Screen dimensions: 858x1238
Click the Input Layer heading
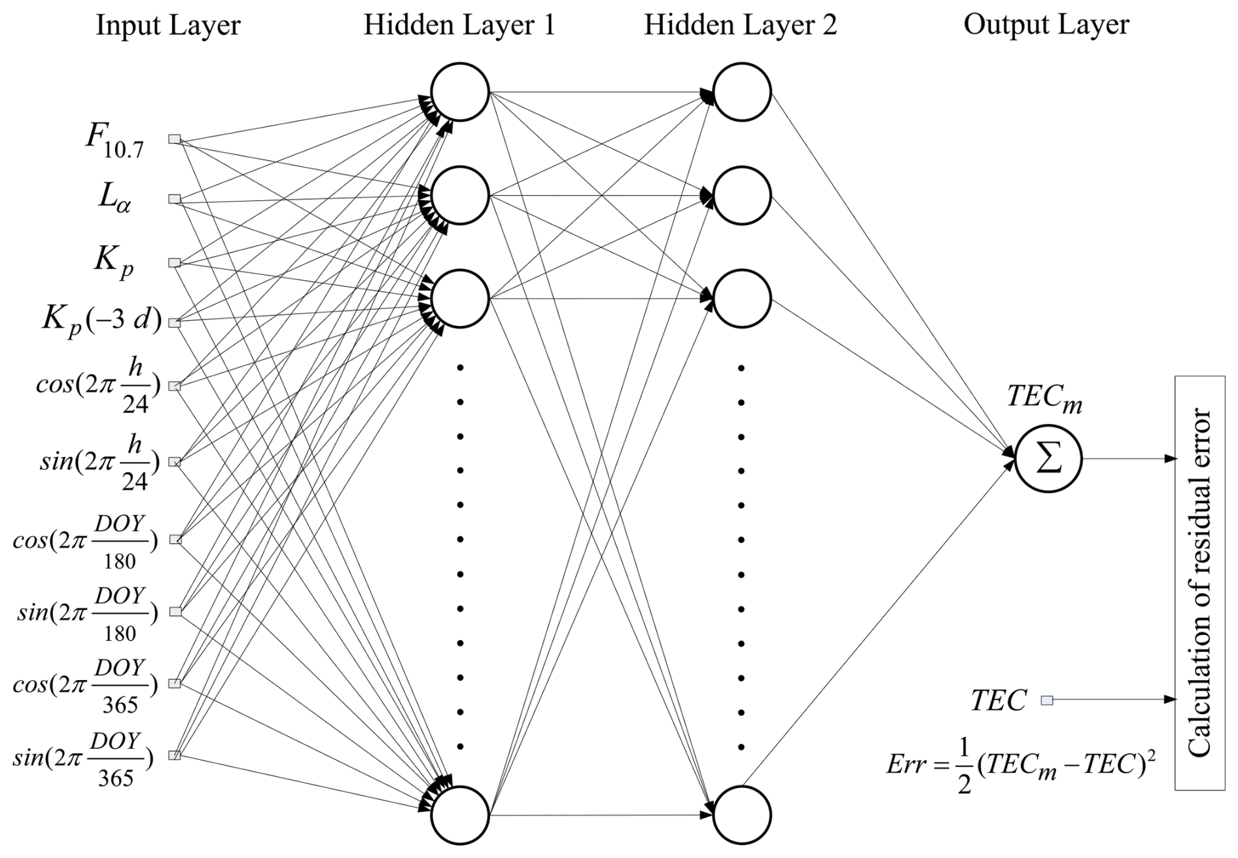pos(168,26)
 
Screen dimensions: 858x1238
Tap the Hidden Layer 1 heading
pos(459,26)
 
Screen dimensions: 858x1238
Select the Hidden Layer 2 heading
pos(740,26)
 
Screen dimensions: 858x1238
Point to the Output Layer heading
pos(1046,26)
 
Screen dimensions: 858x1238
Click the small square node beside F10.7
pos(175,139)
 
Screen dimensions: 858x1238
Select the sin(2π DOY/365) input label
pos(83,758)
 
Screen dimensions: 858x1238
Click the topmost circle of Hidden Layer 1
pos(460,92)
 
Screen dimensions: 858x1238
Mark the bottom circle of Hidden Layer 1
pos(460,815)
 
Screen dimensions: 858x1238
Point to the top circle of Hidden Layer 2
pos(742,92)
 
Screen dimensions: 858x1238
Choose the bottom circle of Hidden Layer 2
pos(742,815)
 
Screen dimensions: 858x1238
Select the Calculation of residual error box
pos(1199,582)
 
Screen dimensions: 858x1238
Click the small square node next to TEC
pos(1047,700)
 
